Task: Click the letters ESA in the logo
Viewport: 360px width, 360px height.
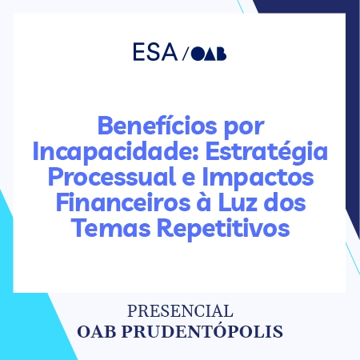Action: (x=155, y=54)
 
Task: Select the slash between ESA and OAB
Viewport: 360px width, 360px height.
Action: (x=186, y=54)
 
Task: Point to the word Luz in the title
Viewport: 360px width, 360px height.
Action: (x=234, y=202)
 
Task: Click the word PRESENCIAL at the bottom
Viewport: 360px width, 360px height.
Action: (x=180, y=310)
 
